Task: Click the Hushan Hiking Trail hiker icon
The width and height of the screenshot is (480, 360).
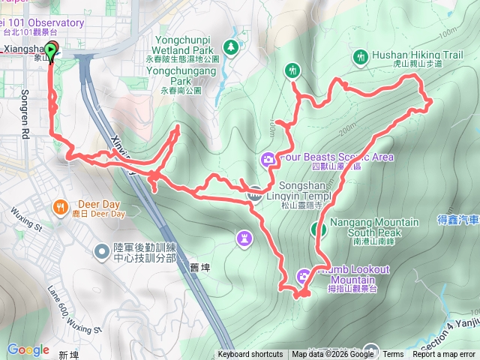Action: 361,56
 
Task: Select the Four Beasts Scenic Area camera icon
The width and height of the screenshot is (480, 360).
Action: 268,159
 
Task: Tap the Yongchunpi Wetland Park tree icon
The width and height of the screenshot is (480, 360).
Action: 232,47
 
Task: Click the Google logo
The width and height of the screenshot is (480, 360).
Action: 28,349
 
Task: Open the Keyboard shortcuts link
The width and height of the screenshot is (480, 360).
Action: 250,355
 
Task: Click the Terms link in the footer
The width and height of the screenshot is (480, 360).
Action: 393,355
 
